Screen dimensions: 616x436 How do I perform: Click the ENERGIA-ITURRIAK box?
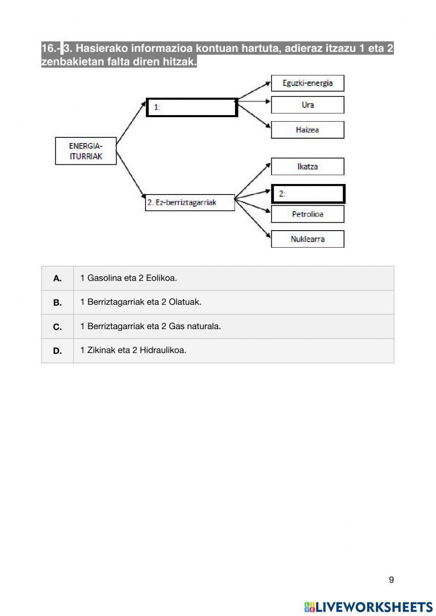point(85,151)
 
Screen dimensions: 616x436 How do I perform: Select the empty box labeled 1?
point(192,107)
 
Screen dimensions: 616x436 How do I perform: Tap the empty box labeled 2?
point(308,194)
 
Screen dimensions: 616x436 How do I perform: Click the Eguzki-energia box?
point(307,83)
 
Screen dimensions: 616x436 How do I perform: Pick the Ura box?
point(307,105)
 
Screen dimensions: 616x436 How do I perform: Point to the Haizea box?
point(307,130)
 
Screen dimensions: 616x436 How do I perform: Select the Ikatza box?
point(307,167)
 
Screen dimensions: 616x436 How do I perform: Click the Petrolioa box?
point(307,214)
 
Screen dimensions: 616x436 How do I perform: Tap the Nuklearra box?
point(307,239)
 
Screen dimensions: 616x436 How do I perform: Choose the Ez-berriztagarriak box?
point(190,203)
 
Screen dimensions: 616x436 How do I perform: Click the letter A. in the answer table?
point(58,279)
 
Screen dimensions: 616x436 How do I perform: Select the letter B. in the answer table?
point(58,303)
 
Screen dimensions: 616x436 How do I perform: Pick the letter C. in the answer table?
point(58,327)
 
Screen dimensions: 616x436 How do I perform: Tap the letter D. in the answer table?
point(58,351)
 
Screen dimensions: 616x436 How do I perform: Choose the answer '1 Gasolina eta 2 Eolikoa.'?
point(129,278)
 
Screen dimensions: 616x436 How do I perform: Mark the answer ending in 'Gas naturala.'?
point(150,327)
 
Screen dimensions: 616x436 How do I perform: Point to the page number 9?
point(391,580)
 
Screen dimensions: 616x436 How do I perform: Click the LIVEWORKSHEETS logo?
point(368,607)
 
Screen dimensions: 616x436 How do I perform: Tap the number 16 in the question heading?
point(48,48)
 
